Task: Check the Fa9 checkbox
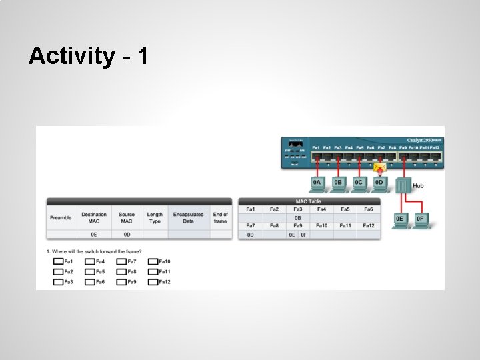[x=121, y=282]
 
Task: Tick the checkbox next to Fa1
[x=58, y=262]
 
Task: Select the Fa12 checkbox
[x=153, y=282]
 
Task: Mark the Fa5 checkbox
[x=89, y=272]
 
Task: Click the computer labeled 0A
[x=317, y=183]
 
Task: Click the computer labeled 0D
[x=379, y=183]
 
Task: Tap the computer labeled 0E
[x=400, y=220]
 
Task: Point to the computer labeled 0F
[x=420, y=220]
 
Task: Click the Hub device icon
[x=403, y=185]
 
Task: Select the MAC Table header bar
[x=309, y=201]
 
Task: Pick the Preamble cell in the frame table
[x=61, y=218]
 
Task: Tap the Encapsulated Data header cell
[x=188, y=218]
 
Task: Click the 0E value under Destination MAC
[x=94, y=235]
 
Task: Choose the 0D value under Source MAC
[x=127, y=235]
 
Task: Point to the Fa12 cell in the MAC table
[x=369, y=226]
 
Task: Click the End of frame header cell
[x=221, y=218]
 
